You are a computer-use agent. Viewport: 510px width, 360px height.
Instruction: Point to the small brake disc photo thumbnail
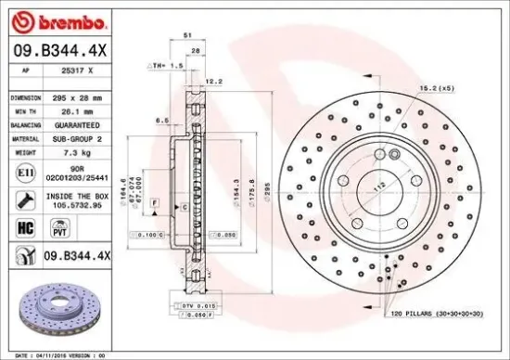pos(51,312)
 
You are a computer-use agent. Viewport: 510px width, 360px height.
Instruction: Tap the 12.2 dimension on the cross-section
pos(214,82)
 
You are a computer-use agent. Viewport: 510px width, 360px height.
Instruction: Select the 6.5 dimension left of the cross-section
pos(161,121)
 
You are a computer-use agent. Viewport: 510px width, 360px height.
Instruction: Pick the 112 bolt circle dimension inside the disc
pos(378,184)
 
